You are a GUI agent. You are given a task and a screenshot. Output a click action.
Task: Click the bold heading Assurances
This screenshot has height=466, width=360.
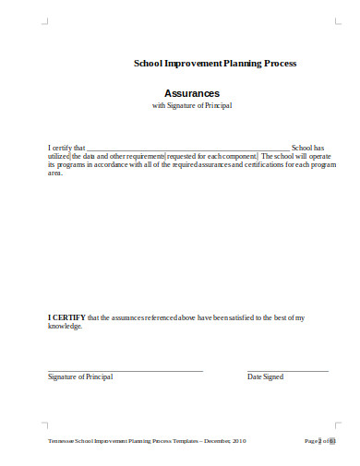(x=192, y=93)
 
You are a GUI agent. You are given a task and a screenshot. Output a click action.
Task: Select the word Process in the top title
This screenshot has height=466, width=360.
(x=277, y=63)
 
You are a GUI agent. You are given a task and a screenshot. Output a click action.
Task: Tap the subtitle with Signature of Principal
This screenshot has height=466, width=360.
(x=192, y=106)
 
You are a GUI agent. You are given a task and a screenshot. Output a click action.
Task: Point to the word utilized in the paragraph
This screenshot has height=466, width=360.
(x=59, y=157)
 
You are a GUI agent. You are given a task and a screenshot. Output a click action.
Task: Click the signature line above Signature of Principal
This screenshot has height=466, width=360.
(x=125, y=370)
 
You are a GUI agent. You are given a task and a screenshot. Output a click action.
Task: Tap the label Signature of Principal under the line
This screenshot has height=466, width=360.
(x=78, y=377)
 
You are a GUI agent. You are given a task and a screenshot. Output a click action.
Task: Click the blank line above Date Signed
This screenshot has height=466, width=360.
(x=287, y=370)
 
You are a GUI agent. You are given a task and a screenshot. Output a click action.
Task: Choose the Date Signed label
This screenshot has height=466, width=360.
(x=266, y=377)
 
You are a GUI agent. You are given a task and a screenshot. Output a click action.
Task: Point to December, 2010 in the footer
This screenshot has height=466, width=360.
(x=224, y=442)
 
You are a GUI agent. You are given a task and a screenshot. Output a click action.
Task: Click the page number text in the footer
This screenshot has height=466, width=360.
(x=319, y=442)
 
